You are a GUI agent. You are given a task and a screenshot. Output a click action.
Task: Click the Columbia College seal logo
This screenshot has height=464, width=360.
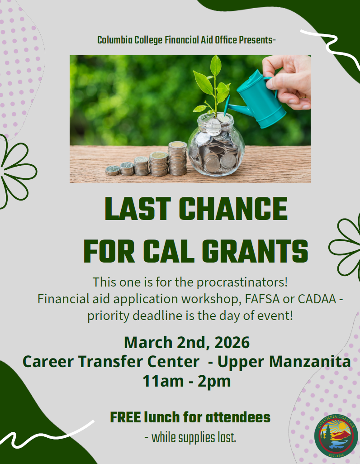tap(336, 436)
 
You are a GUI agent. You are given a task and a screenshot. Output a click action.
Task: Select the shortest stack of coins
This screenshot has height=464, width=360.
tap(112, 170)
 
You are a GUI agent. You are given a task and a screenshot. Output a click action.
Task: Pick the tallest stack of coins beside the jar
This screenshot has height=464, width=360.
tap(177, 158)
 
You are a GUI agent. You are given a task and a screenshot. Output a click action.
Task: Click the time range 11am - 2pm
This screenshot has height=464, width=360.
tap(186, 381)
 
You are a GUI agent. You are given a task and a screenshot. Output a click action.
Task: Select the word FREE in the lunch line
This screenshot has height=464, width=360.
tap(126, 417)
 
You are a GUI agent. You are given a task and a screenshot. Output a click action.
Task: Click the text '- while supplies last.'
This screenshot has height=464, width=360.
tap(190, 438)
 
